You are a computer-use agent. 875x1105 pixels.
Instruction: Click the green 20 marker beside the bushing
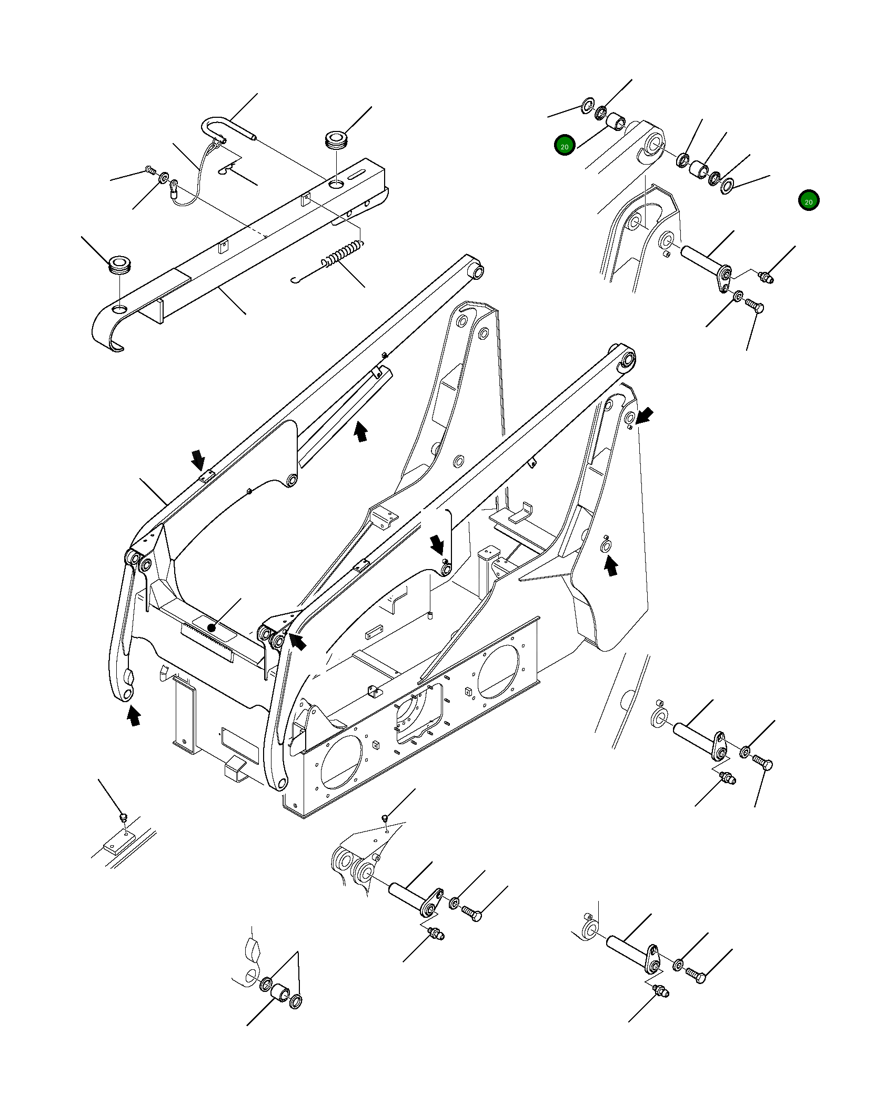pos(564,146)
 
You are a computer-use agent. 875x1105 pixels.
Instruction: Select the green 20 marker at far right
pos(808,201)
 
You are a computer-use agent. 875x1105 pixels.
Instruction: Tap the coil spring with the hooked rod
pos(342,254)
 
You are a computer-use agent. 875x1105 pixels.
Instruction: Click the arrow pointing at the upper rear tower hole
pos(646,415)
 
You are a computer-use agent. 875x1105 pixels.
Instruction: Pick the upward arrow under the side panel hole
pos(610,567)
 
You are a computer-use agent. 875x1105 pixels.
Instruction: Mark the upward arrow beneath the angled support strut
pos(360,432)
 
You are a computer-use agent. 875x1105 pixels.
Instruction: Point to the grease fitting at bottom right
pos(660,991)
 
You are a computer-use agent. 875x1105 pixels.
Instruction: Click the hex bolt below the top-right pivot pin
pos(756,307)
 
